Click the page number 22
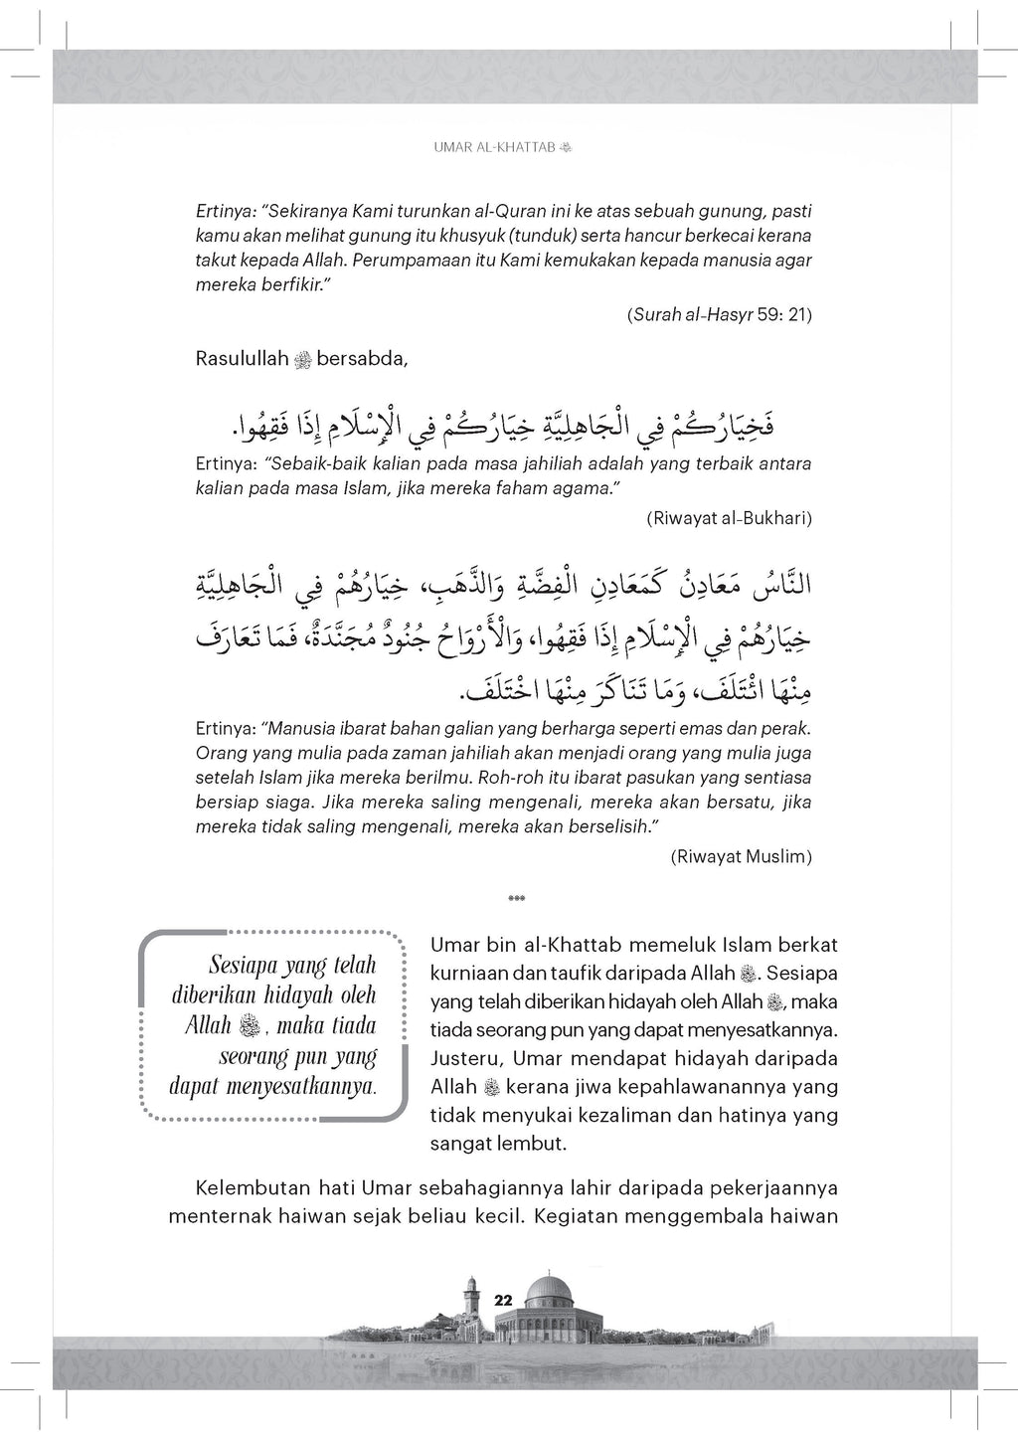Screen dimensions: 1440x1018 (502, 1300)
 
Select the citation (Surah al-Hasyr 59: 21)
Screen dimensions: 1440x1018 (720, 315)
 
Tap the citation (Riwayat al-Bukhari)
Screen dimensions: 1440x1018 (729, 518)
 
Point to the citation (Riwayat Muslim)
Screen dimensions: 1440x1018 (741, 855)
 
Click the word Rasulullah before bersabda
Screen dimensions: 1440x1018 (241, 359)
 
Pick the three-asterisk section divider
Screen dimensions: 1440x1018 (516, 899)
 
